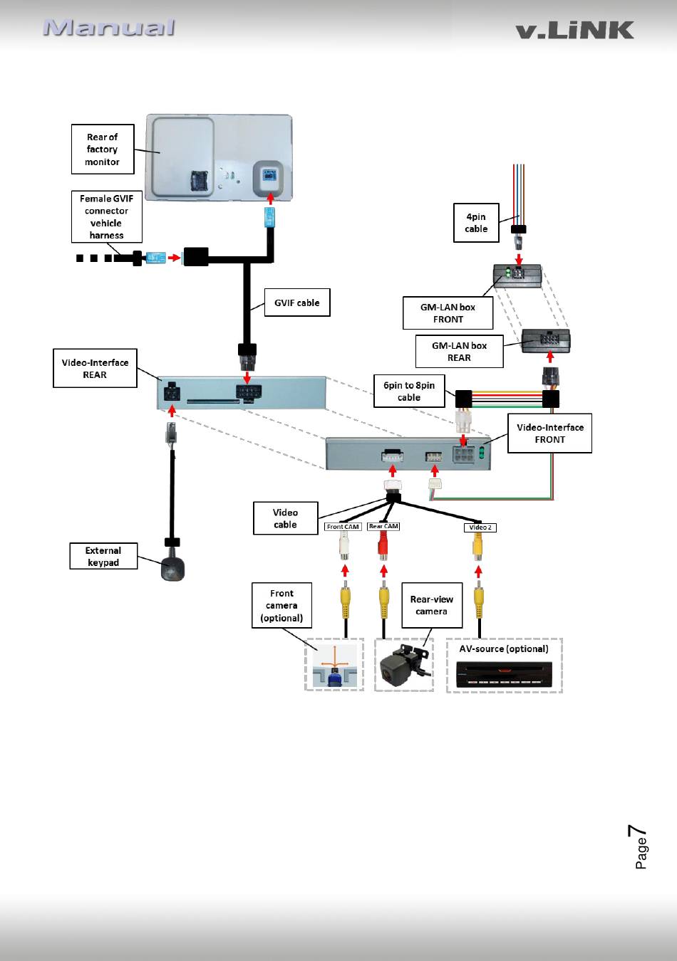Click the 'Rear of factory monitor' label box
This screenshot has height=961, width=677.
coord(103,149)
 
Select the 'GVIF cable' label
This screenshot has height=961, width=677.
coord(297,303)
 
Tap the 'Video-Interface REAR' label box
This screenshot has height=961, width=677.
coord(95,368)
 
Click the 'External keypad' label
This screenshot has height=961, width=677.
coord(103,556)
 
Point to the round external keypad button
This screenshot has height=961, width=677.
coord(172,569)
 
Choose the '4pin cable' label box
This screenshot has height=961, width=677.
coord(476,223)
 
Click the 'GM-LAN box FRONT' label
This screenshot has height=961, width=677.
coord(448,313)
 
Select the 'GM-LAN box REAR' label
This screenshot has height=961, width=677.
coord(460,352)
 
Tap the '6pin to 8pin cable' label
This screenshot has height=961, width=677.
coord(409,392)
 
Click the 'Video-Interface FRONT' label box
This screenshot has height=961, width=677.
coord(550,434)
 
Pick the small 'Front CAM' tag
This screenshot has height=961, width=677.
coord(343,527)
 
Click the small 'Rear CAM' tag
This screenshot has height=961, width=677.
coord(383,526)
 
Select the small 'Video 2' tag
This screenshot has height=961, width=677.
coord(480,527)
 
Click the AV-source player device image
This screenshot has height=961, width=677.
coord(505,674)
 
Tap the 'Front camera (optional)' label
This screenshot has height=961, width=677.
coord(281,605)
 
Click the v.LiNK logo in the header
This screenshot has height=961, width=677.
coord(575,30)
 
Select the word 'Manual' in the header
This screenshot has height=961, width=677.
coord(109,28)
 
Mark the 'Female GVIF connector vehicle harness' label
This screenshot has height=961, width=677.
coord(106,216)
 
